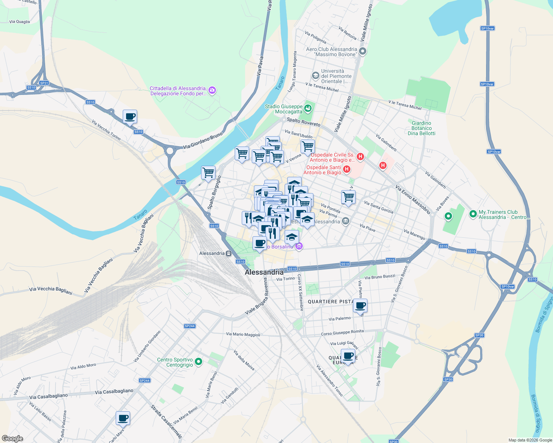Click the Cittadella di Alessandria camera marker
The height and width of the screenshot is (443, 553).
(x=212, y=90)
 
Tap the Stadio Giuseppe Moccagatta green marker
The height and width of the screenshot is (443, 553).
(x=308, y=109)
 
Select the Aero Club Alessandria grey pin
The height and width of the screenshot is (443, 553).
(x=363, y=51)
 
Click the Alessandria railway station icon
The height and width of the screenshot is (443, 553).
(x=229, y=254)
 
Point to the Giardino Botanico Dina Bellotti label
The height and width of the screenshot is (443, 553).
(x=421, y=128)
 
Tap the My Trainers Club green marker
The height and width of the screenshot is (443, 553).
(x=473, y=214)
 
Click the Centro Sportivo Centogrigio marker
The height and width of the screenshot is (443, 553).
(x=199, y=362)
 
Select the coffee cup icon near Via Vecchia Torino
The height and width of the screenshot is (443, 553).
(x=130, y=117)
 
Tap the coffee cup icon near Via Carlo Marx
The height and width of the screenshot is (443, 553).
(x=123, y=418)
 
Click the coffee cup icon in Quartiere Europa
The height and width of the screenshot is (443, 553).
(x=348, y=356)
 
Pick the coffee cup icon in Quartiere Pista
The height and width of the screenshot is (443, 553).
(x=360, y=306)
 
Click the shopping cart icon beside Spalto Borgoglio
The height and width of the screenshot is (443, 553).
(x=208, y=172)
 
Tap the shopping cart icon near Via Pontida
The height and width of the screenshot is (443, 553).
(x=348, y=197)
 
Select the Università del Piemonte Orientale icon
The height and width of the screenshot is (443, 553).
(x=315, y=76)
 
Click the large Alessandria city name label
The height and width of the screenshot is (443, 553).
(x=264, y=272)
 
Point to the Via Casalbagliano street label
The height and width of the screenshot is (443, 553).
(x=114, y=391)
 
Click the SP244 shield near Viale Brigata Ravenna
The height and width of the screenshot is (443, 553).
(x=190, y=326)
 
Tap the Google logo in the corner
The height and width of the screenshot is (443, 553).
(x=12, y=439)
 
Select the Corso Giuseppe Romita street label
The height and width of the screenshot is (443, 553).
(x=342, y=333)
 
